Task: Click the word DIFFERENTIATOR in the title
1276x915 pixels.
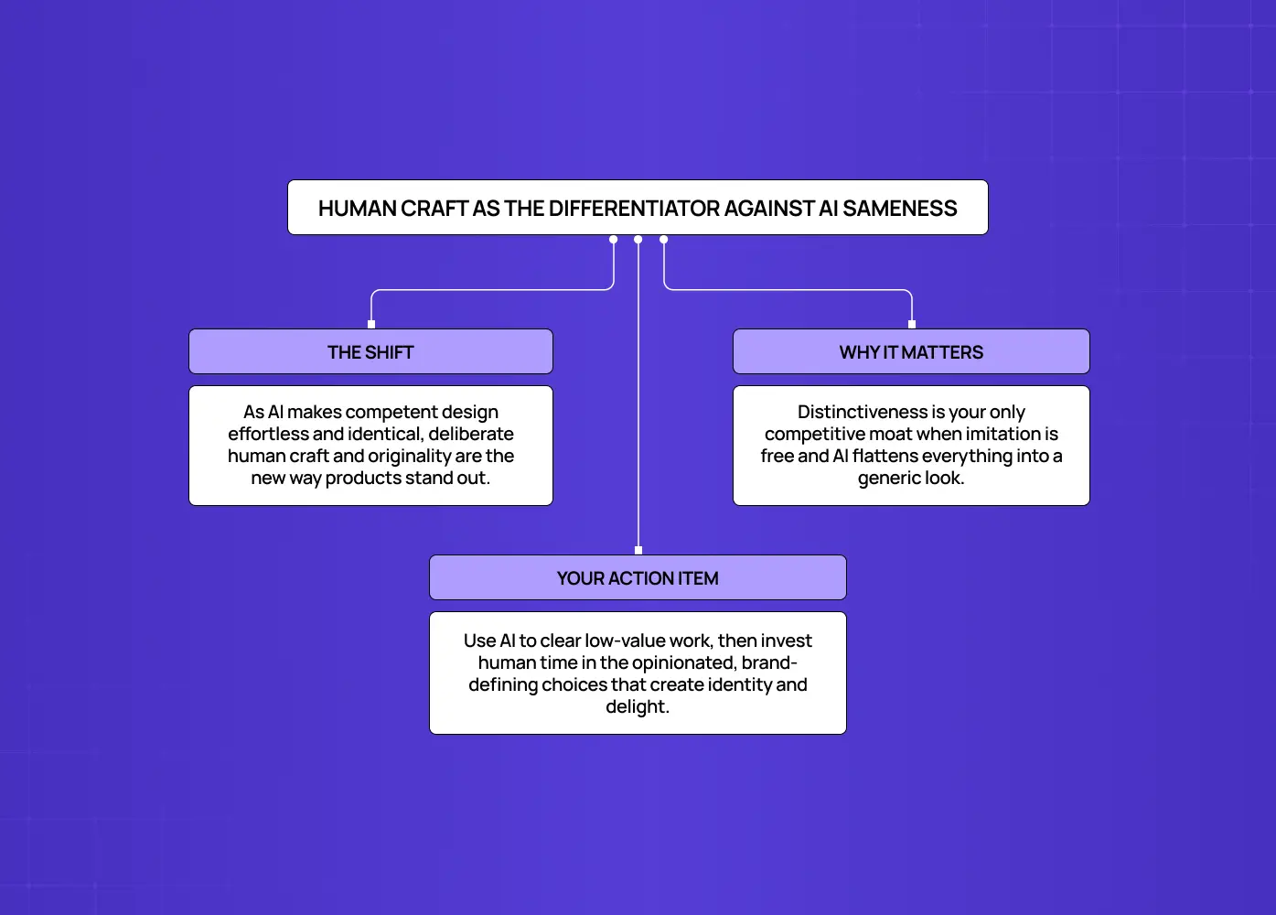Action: click(634, 209)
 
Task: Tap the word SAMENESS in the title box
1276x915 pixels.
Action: click(900, 209)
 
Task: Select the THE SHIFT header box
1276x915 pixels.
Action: click(370, 351)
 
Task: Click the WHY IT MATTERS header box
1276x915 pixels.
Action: click(911, 351)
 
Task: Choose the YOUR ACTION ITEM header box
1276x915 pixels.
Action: click(638, 577)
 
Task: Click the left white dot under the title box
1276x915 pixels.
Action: click(614, 240)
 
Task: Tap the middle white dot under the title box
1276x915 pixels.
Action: click(638, 240)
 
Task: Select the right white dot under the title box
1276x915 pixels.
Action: click(664, 240)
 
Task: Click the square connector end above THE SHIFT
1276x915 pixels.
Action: click(371, 324)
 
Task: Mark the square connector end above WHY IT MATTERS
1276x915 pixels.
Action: click(912, 324)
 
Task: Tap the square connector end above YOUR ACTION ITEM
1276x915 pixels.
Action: click(638, 550)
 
